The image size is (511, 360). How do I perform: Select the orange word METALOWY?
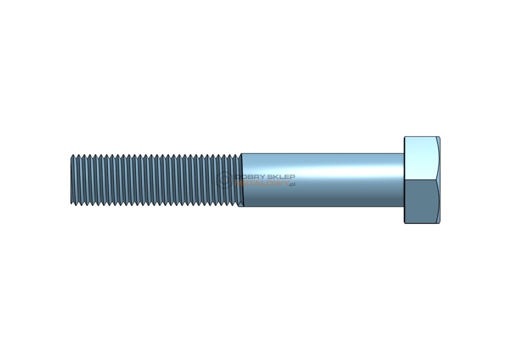(261, 183)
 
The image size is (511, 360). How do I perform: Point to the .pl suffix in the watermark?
(292, 184)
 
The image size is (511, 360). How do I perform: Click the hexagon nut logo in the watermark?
(225, 179)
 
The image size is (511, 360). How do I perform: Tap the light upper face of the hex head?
(421, 158)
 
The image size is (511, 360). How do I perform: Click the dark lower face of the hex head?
(421, 201)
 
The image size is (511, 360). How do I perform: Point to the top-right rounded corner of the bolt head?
(439, 137)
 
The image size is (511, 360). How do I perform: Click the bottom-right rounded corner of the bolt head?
(439, 223)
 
